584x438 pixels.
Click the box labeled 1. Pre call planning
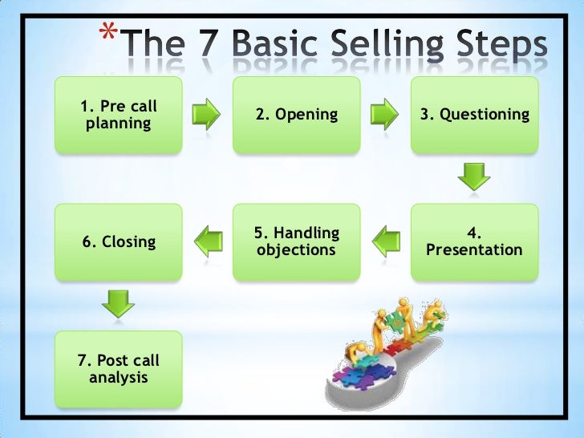pos(118,115)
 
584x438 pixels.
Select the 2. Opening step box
pos(297,115)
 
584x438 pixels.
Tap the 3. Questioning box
pos(474,115)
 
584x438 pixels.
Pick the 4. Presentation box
pos(474,241)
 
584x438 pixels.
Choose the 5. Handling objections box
pos(297,241)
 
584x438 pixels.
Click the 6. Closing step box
pos(118,241)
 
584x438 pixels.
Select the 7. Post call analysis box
pos(118,369)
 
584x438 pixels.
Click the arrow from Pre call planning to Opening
pos(207,115)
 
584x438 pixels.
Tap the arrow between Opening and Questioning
pos(385,115)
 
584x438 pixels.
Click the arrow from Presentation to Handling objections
pos(386,241)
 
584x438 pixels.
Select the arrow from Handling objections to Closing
pos(208,241)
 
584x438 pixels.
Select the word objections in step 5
pos(296,249)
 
